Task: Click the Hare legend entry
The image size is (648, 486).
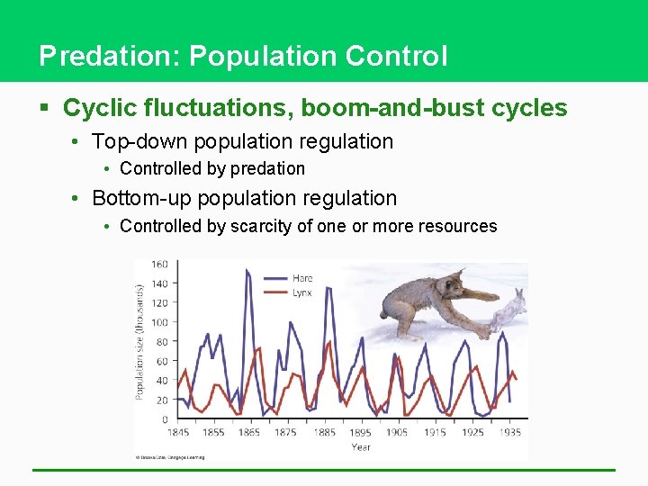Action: pos(302,279)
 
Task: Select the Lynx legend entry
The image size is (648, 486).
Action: pos(302,292)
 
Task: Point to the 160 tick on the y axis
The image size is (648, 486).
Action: pos(159,264)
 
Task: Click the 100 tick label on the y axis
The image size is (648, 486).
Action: pos(159,322)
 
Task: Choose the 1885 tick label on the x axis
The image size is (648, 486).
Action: pos(323,432)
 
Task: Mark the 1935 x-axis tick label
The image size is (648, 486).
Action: pos(508,432)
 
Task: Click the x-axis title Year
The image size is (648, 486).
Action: pos(361,446)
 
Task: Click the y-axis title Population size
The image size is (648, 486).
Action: pos(140,342)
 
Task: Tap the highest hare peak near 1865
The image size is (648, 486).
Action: pos(247,271)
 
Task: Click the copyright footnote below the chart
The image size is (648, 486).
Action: pos(171,457)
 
